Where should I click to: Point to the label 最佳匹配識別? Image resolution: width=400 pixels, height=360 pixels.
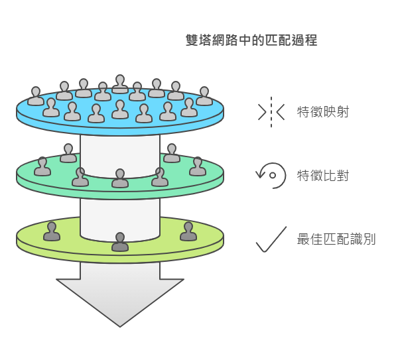point(336,239)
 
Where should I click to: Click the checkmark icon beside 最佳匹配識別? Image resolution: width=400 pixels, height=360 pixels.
point(271,239)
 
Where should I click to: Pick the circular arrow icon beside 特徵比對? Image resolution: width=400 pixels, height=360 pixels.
point(271,174)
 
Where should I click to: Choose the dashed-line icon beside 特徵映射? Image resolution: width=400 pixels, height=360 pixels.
point(271,111)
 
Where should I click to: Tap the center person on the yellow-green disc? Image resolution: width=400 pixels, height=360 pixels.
point(120,242)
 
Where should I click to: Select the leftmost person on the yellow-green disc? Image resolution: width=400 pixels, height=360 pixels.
point(52,231)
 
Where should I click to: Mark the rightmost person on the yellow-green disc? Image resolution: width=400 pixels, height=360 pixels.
point(188,231)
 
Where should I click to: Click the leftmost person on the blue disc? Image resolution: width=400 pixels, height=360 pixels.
point(36,97)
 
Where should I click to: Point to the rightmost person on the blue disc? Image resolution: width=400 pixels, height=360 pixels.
point(204,97)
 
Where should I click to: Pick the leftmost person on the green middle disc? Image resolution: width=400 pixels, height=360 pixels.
point(42,166)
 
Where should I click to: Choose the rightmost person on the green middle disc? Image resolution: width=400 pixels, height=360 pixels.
point(198,166)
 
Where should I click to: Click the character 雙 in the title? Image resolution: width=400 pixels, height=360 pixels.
point(192,40)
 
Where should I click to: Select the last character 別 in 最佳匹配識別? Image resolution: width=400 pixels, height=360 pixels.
point(369,239)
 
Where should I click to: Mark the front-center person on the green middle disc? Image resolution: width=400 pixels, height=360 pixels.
point(120,179)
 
